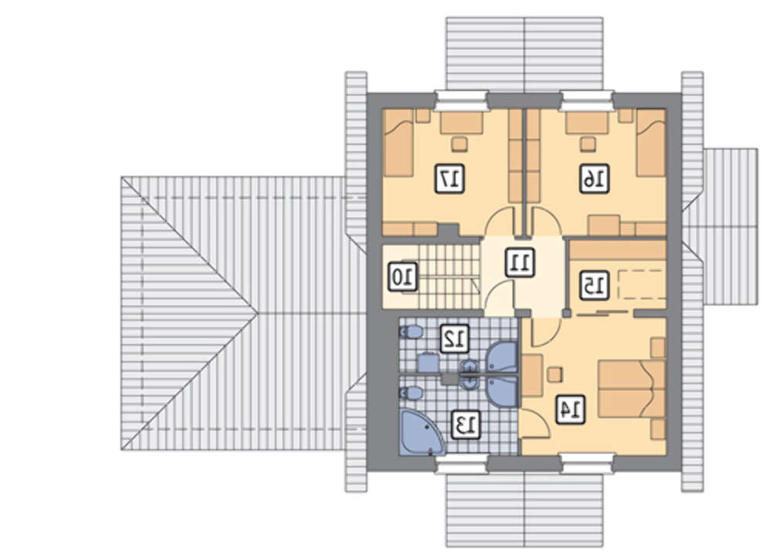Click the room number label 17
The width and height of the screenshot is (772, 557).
click(x=449, y=179)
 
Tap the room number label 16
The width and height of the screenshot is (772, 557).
click(x=594, y=179)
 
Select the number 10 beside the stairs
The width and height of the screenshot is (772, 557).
click(x=404, y=277)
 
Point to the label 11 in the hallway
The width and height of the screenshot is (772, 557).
click(x=520, y=262)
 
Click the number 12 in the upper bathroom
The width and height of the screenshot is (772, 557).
click(x=454, y=338)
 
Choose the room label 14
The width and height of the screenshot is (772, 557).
click(x=571, y=409)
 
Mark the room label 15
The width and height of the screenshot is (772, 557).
click(x=594, y=285)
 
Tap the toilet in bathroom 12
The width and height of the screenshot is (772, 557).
click(x=411, y=332)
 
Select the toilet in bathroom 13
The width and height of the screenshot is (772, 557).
click(x=411, y=393)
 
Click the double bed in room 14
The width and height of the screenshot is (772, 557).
click(x=632, y=390)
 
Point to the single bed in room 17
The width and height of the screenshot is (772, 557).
click(x=398, y=143)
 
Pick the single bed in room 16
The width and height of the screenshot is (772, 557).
click(x=652, y=143)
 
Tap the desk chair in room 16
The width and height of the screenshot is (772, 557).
click(x=587, y=143)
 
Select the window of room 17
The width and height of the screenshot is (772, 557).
click(x=462, y=102)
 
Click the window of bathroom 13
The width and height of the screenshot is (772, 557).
click(x=462, y=464)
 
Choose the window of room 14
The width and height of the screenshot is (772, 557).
click(x=587, y=464)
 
